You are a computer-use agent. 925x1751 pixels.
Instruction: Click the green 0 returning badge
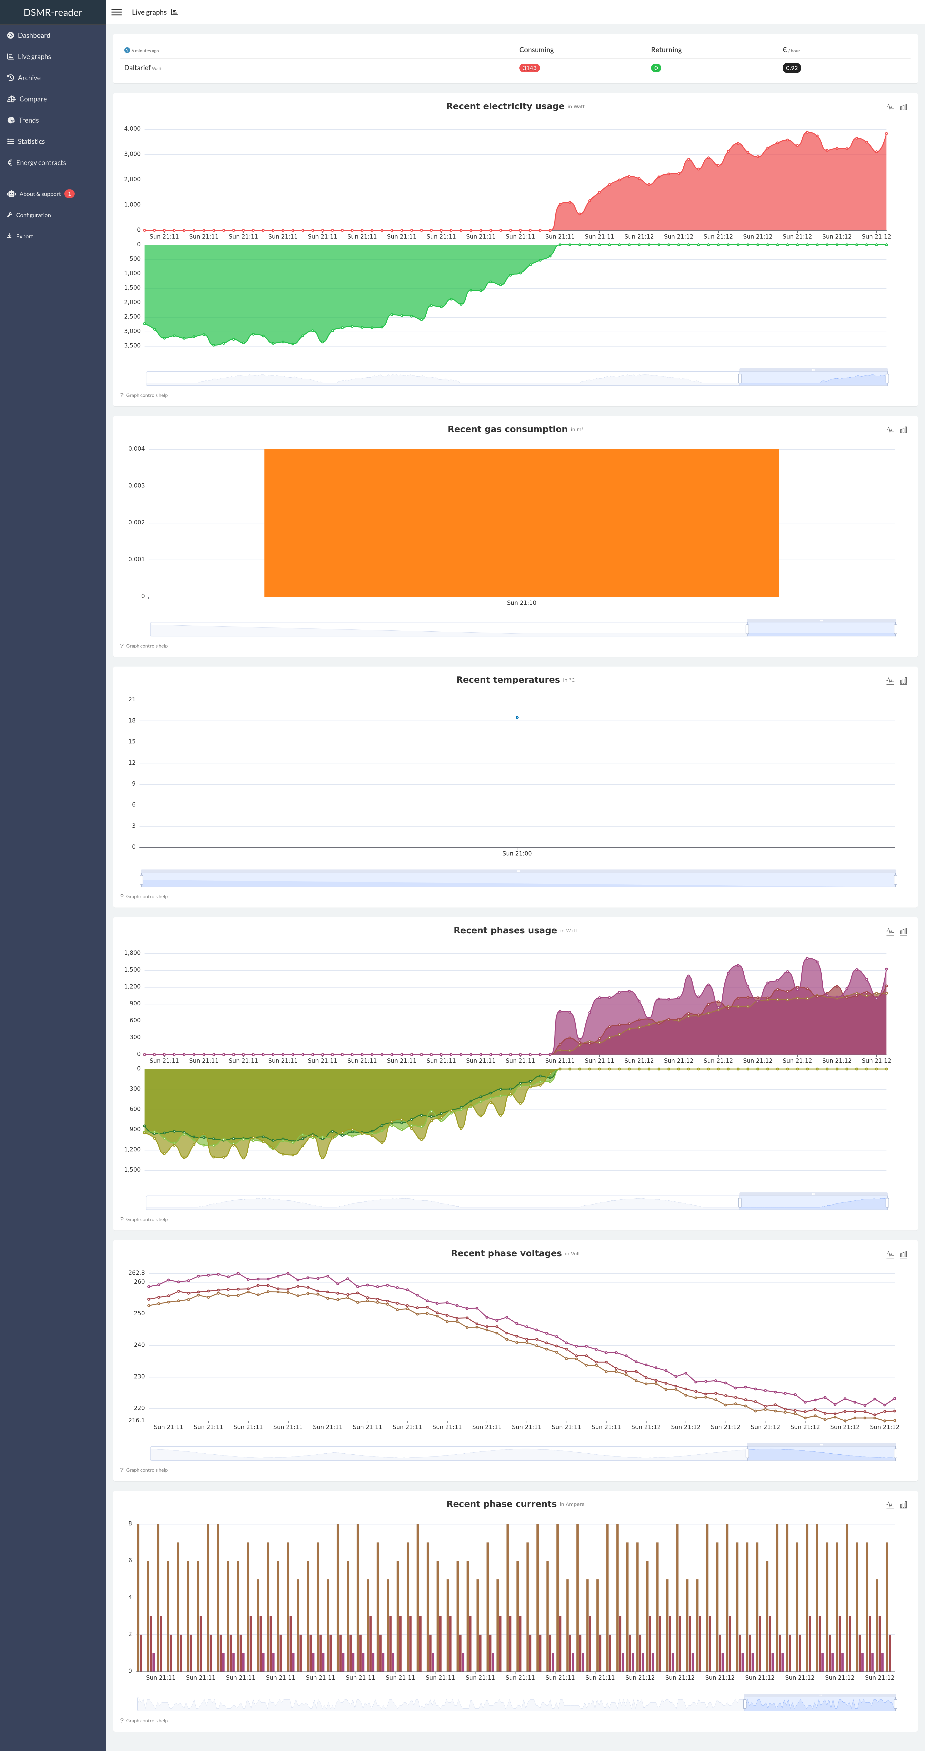pyautogui.click(x=656, y=68)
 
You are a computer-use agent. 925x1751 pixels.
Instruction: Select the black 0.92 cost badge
pyautogui.click(x=791, y=68)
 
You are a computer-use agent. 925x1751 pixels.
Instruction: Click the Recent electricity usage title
pyautogui.click(x=505, y=106)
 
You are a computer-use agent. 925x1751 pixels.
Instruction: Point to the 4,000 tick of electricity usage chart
pyautogui.click(x=132, y=128)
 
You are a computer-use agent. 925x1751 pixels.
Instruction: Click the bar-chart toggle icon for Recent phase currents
pyautogui.click(x=903, y=1505)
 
